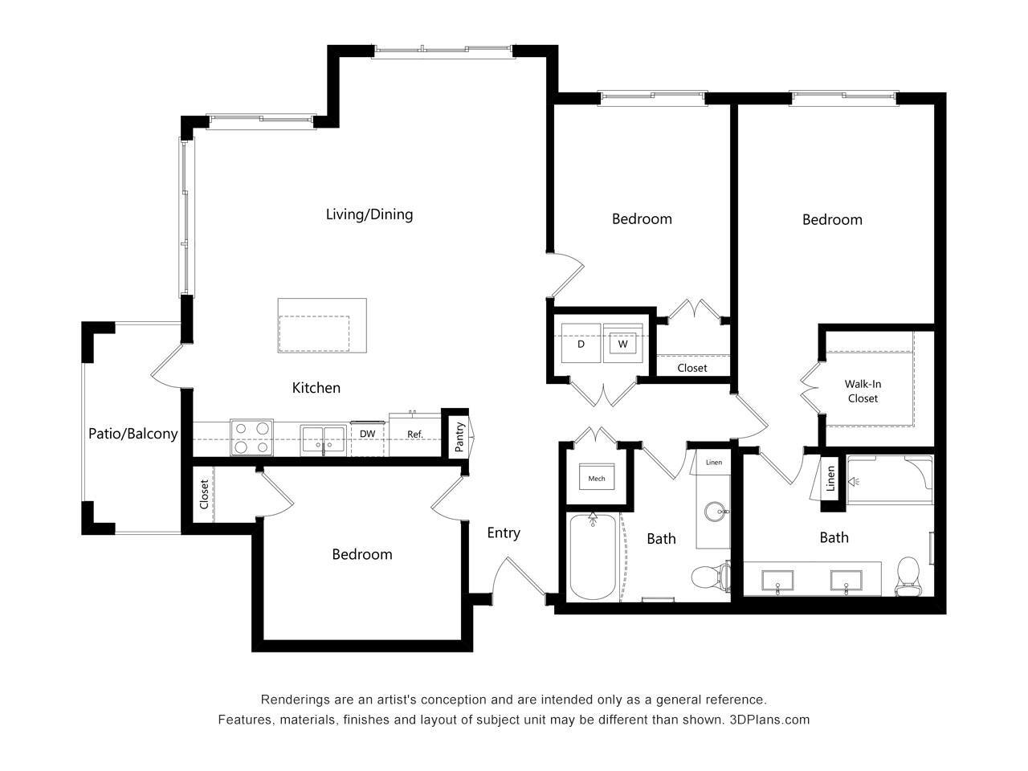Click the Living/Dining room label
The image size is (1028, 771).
point(369,214)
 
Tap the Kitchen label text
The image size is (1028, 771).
point(316,388)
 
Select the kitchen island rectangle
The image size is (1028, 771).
point(321,325)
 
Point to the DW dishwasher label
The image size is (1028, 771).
point(367,434)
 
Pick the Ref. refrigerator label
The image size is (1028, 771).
point(414,434)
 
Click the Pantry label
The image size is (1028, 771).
point(459,438)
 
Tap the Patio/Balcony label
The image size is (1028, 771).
point(133,434)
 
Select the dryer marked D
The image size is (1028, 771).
point(581,345)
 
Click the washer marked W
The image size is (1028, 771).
point(622,345)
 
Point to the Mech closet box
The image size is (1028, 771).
point(596,479)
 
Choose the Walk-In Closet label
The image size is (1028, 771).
point(862,391)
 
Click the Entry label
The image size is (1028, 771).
point(504,533)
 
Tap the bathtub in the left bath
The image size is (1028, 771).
point(593,557)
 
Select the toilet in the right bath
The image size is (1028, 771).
point(908,575)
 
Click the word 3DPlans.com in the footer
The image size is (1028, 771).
point(769,720)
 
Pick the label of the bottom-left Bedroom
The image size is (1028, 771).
point(362,554)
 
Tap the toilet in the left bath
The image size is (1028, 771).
point(710,576)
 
